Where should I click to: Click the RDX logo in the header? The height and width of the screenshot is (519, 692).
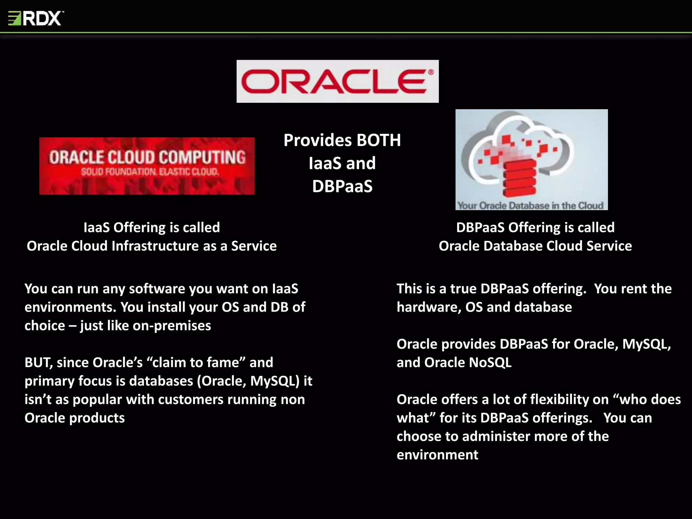click(x=36, y=18)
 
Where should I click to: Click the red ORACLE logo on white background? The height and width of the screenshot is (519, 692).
click(x=338, y=81)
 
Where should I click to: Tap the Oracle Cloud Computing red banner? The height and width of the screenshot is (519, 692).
click(x=147, y=166)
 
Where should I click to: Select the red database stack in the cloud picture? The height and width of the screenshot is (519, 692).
click(x=519, y=177)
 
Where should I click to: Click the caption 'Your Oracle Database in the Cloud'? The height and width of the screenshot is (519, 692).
click(x=530, y=205)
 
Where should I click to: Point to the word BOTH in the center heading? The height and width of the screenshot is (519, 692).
click(x=378, y=140)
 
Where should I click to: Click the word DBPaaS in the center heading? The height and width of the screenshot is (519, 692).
click(x=342, y=186)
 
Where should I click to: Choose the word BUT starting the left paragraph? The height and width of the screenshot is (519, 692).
click(x=38, y=363)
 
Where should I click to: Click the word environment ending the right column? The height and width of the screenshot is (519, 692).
click(x=437, y=455)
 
